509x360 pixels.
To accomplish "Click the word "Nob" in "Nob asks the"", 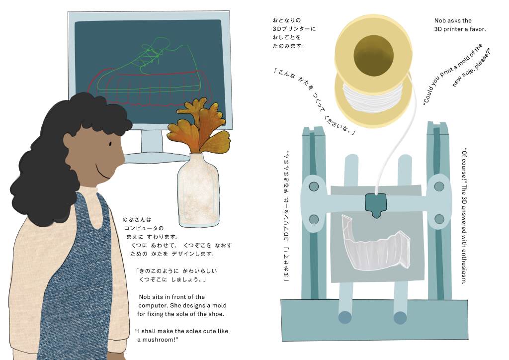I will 440,21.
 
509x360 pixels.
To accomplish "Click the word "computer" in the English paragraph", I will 153,305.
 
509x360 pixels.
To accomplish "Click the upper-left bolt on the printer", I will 314,186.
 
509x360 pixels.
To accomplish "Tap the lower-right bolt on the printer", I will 439,218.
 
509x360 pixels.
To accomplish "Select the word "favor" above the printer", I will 476,29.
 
